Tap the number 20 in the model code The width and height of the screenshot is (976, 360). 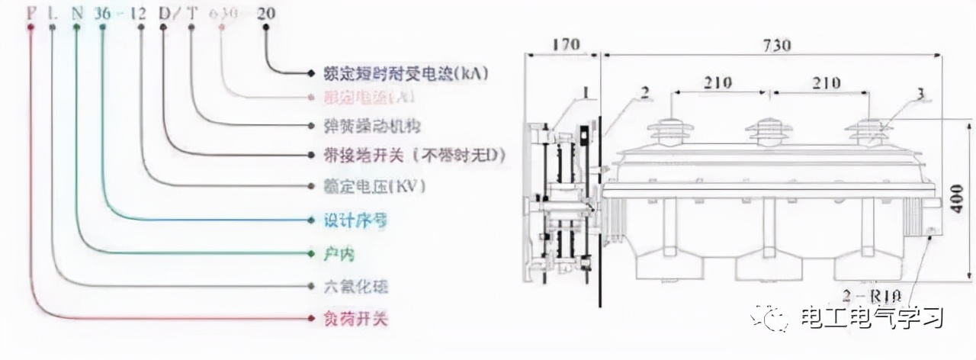pos(266,13)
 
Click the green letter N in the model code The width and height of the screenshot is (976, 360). pos(76,13)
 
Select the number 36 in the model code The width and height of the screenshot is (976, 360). pos(103,13)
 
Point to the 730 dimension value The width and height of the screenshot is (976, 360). pos(775,44)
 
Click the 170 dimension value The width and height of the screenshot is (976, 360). pos(565,44)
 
